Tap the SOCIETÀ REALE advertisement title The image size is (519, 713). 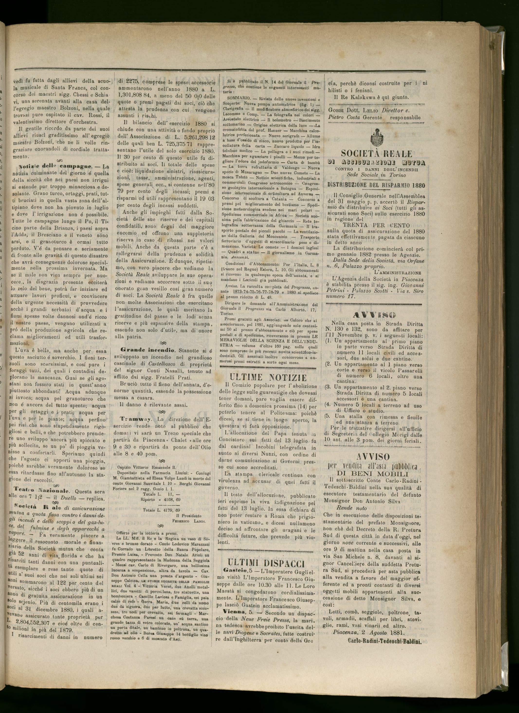click(x=376, y=153)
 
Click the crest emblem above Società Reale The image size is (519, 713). click(x=376, y=136)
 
